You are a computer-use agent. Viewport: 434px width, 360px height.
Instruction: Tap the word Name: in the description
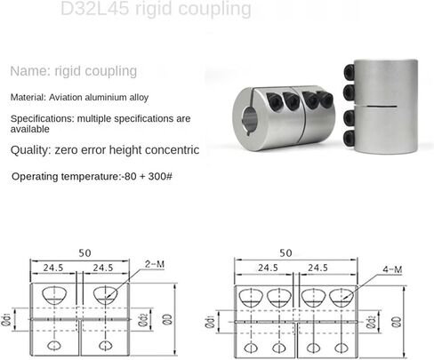click(x=30, y=71)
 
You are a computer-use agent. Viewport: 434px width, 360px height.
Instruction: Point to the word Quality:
click(x=33, y=150)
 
